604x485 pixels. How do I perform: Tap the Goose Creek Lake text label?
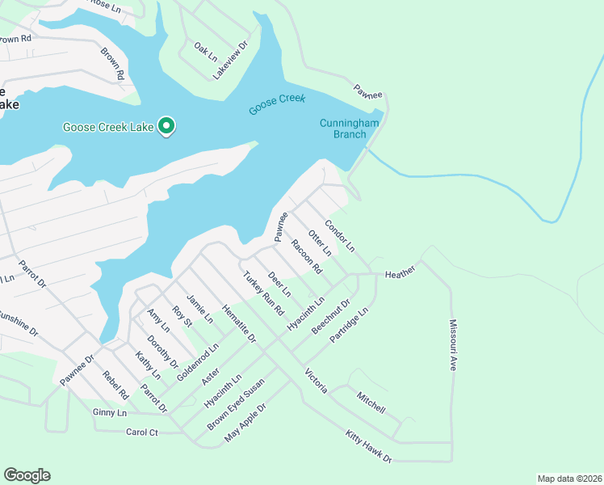coord(109,127)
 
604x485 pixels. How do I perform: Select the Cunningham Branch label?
coord(344,129)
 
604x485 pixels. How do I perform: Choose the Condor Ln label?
coord(339,234)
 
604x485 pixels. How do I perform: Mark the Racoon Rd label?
coord(307,256)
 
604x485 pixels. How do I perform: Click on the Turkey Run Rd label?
coord(264,293)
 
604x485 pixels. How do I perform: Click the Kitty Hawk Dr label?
coord(368,446)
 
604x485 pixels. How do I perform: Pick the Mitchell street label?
coord(371,400)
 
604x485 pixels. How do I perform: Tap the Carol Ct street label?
coord(142,432)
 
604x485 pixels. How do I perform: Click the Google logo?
coord(27,475)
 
